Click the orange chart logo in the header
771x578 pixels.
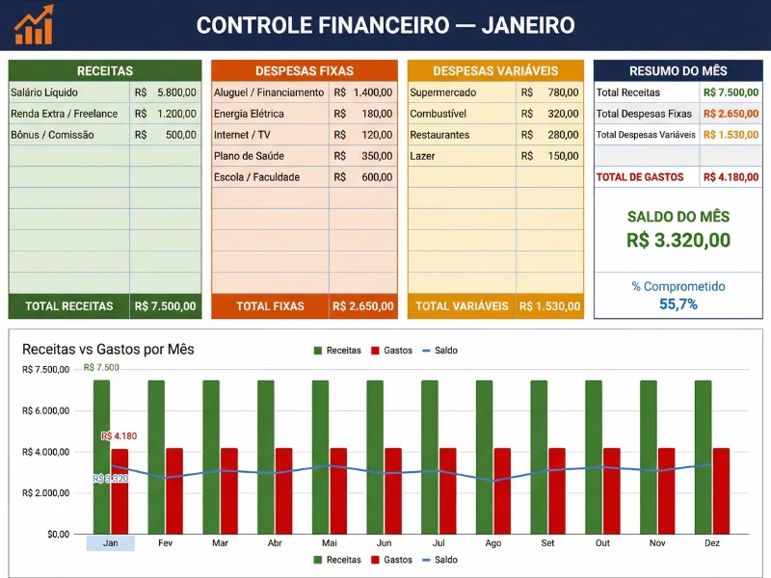coord(35,25)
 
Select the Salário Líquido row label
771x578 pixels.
coord(44,92)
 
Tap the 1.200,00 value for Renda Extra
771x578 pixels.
coord(176,114)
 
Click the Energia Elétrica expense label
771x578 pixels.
coord(249,114)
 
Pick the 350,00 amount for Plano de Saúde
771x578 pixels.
coord(377,156)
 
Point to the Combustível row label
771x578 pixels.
coord(439,114)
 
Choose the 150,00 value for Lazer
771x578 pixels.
coord(563,156)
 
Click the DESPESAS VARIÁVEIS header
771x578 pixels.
coord(495,71)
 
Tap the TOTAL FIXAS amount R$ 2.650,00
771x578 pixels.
coord(362,306)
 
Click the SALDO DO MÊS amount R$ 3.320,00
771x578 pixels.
coord(678,241)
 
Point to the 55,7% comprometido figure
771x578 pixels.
coord(678,304)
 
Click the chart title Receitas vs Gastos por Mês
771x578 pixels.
coord(108,349)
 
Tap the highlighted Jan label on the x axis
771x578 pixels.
coord(111,543)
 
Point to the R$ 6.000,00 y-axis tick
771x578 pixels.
coord(45,410)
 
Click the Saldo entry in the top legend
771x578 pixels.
coord(445,351)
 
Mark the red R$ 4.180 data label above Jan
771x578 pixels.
coord(120,436)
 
